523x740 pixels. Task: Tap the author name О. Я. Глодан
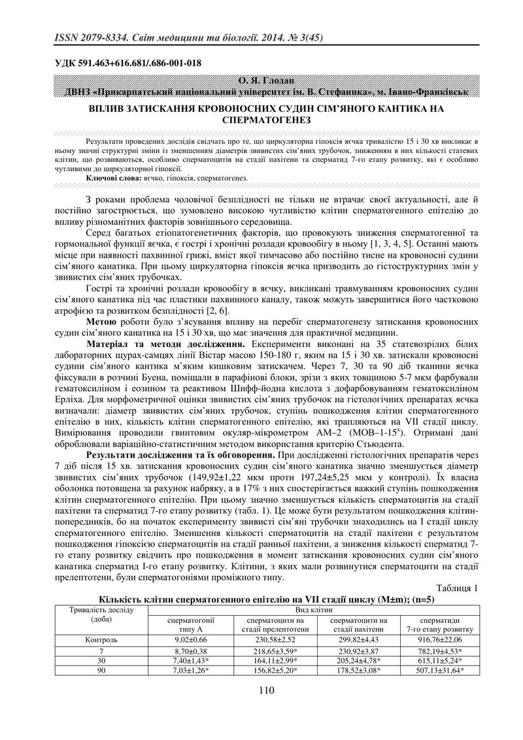click(x=261, y=81)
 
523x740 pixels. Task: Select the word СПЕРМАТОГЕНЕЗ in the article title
click(x=261, y=121)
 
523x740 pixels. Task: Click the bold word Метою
click(x=102, y=322)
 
